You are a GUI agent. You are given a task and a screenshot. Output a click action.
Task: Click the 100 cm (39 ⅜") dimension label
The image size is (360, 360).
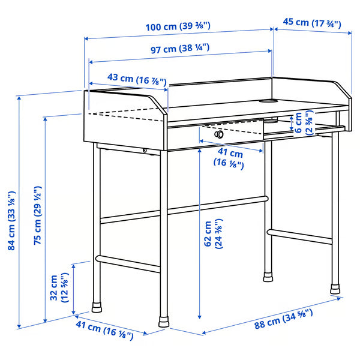179,26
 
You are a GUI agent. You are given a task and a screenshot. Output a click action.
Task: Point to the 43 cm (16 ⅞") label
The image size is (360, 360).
128,77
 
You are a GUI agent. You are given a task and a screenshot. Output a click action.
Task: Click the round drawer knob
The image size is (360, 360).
219,134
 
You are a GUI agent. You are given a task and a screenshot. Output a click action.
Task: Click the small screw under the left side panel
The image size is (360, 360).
145,151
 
